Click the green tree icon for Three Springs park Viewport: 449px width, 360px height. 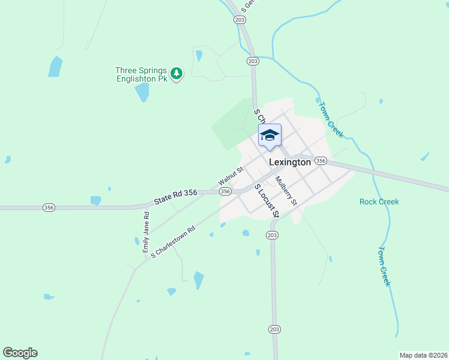tap(176, 74)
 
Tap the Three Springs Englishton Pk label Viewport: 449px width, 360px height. tap(142, 74)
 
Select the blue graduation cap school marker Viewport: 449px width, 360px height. tap(270, 136)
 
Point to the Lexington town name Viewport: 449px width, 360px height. tap(290, 162)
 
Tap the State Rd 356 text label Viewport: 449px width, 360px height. tap(175, 197)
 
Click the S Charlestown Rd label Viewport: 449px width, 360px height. tap(173, 242)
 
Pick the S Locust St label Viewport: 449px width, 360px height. tap(267, 200)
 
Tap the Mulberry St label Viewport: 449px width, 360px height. tap(286, 190)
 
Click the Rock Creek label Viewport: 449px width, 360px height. tap(379, 202)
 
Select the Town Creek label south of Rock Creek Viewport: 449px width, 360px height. tap(385, 266)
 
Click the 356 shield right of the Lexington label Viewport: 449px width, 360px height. tap(321, 161)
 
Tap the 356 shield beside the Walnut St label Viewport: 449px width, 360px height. tap(225, 191)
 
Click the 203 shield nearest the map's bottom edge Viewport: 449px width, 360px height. tap(274, 329)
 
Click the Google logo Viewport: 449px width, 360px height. tap(20, 353)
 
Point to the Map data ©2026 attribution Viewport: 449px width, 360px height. tap(423, 355)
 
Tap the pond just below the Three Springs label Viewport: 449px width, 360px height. tap(142, 92)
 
